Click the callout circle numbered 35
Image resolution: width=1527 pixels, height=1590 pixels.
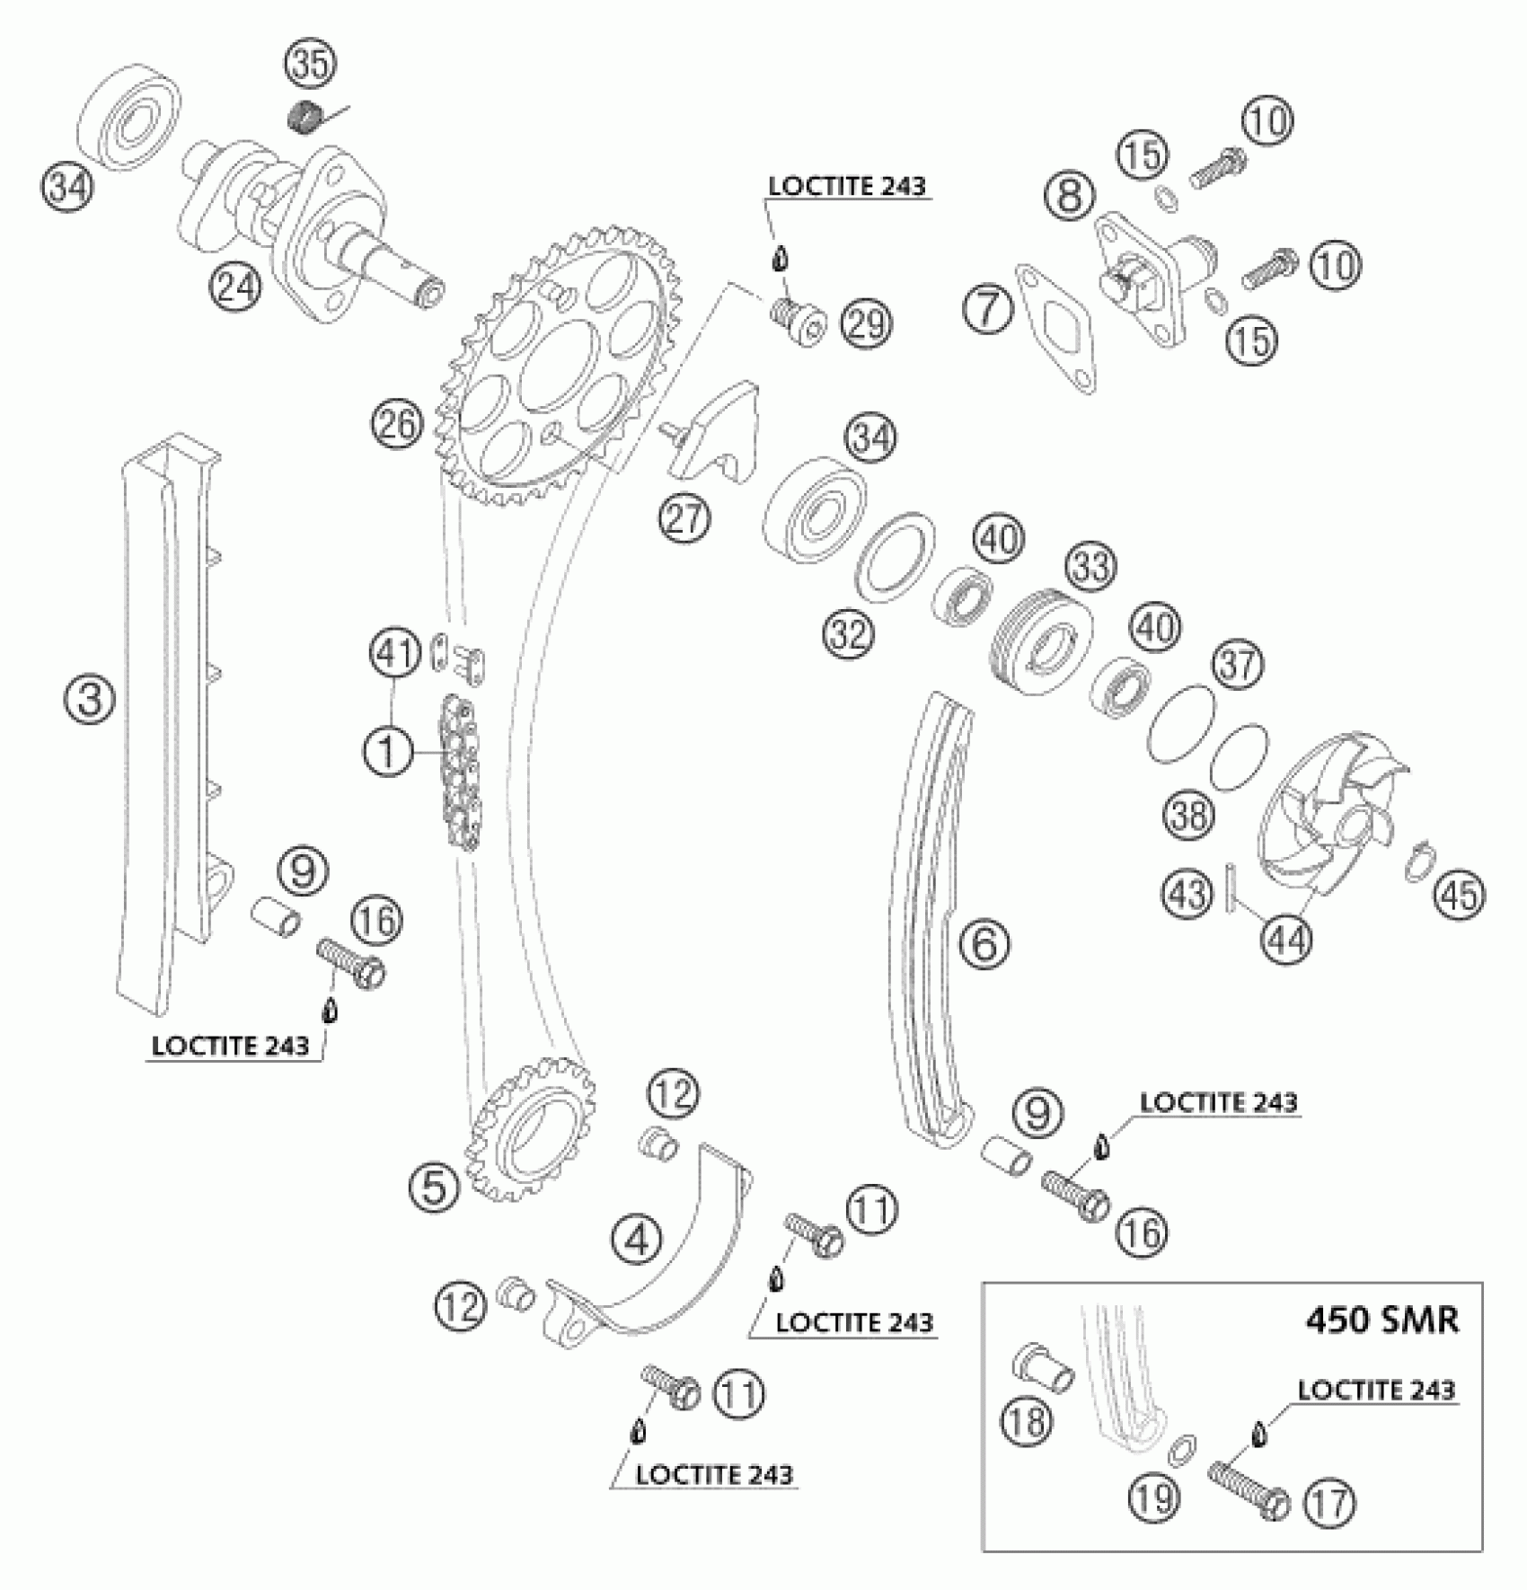pyautogui.click(x=310, y=66)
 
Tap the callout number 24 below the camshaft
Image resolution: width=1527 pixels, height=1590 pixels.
pyautogui.click(x=235, y=287)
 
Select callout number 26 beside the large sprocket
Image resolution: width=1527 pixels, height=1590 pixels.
pyautogui.click(x=398, y=423)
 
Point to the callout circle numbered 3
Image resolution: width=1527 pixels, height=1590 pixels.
pyautogui.click(x=90, y=698)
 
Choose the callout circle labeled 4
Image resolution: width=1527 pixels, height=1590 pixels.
pyautogui.click(x=637, y=1241)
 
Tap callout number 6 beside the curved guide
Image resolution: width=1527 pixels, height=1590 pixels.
pyautogui.click(x=984, y=942)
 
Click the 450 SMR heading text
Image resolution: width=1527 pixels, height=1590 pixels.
pyautogui.click(x=1381, y=1320)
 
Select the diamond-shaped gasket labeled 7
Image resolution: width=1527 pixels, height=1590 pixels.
pyautogui.click(x=1055, y=328)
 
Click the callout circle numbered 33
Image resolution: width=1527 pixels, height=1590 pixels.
pyautogui.click(x=1091, y=567)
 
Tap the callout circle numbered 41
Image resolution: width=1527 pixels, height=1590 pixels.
pyautogui.click(x=396, y=654)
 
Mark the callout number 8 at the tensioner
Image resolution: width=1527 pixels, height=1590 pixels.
pyautogui.click(x=1070, y=195)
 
